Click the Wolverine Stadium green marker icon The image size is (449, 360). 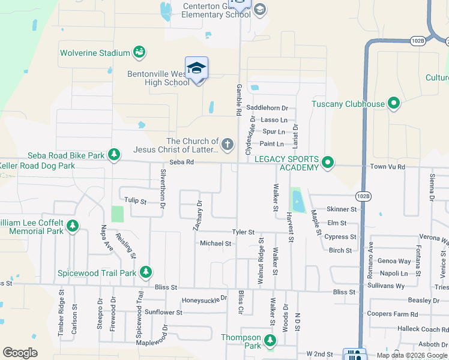(x=139, y=53)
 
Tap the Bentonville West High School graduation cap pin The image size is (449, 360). (x=196, y=69)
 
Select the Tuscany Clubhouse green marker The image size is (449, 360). (x=394, y=104)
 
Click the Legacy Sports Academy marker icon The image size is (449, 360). (x=328, y=163)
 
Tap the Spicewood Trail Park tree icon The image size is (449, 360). (x=145, y=272)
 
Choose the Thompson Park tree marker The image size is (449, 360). (x=270, y=341)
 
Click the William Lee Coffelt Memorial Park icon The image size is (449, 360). (x=73, y=226)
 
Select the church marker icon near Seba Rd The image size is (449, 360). (x=227, y=145)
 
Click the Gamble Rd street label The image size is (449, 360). (x=238, y=100)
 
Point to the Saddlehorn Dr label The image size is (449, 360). (x=267, y=108)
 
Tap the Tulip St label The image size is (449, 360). (x=135, y=201)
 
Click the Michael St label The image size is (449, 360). (x=215, y=244)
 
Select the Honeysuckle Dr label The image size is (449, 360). (x=205, y=298)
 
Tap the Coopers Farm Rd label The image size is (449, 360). (x=392, y=314)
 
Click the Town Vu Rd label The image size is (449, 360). (x=385, y=165)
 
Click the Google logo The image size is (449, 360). (x=20, y=353)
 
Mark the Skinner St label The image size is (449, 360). (x=342, y=209)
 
